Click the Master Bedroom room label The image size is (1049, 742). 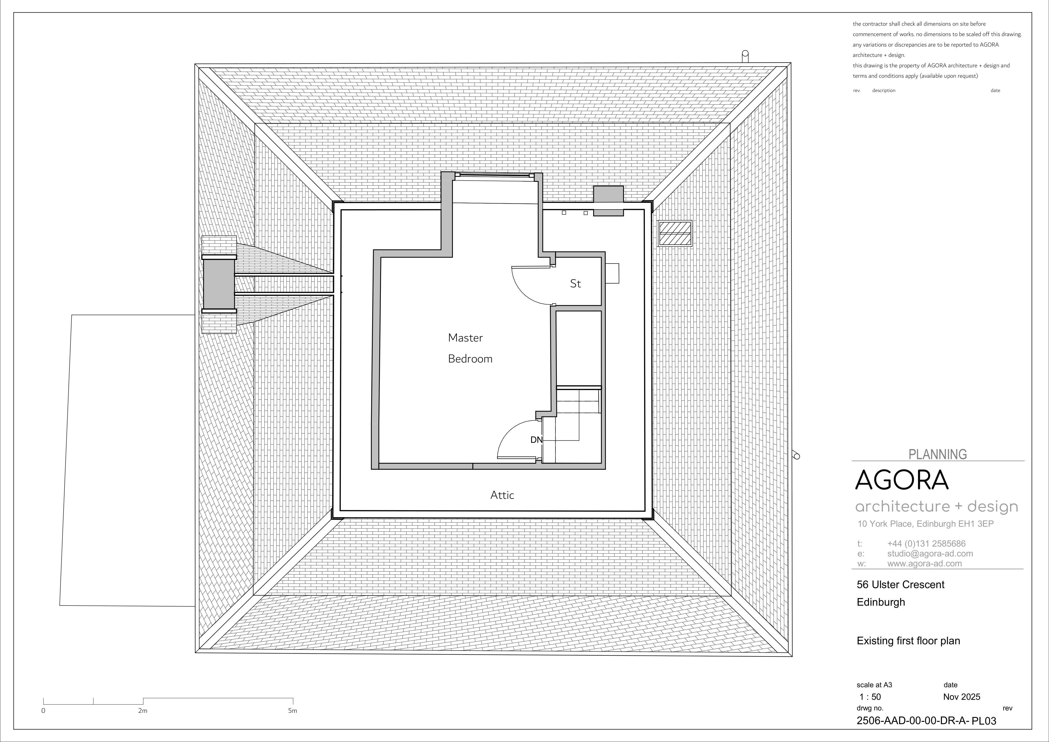coord(470,348)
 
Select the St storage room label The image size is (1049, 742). coord(576,284)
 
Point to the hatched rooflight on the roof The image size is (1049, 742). coord(675,233)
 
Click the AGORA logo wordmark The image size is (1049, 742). coord(901,480)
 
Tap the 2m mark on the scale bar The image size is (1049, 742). coord(143,710)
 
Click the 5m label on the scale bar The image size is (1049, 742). coord(292,710)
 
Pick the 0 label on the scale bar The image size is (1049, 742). coord(43,710)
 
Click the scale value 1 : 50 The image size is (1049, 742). coord(870,697)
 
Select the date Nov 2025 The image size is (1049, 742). coord(962,697)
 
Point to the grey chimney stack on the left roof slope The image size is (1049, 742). coord(219,284)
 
